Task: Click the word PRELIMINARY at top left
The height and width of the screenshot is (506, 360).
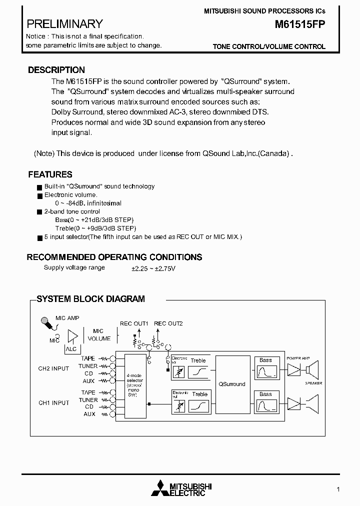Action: [x=64, y=24]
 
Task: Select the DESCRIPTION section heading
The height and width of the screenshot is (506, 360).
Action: [x=56, y=70]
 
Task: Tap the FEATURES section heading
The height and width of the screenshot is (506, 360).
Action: [x=50, y=174]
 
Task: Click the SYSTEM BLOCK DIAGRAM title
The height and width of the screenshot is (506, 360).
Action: [x=91, y=299]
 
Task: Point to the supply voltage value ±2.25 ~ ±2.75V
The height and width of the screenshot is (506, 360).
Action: [x=153, y=268]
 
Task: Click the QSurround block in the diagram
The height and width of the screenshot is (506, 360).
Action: [x=232, y=384]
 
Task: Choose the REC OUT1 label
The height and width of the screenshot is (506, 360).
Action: [x=134, y=323]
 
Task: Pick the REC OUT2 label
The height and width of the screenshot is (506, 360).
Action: [x=168, y=323]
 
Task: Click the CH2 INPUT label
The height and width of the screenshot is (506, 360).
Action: [x=53, y=369]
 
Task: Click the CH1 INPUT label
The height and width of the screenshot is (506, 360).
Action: [x=53, y=403]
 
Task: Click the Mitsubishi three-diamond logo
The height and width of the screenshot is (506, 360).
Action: [x=160, y=488]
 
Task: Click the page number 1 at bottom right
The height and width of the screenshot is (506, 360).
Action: [x=338, y=489]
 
